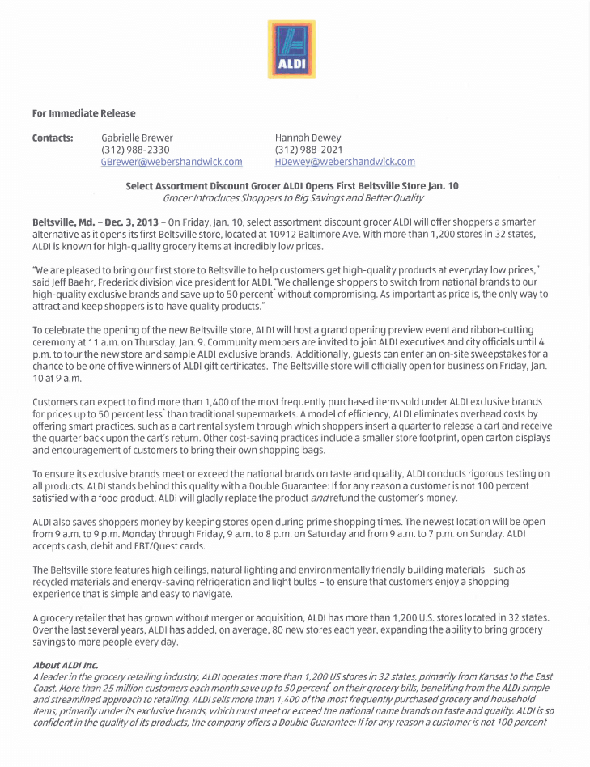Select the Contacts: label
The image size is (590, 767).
53,138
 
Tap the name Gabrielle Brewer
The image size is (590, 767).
137,138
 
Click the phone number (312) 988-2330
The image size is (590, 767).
135,150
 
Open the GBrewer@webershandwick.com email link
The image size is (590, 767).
172,162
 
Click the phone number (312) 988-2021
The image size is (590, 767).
309,150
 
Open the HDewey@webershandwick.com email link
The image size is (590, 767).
345,162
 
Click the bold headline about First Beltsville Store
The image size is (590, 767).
292,185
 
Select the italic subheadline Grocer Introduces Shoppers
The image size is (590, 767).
292,197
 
